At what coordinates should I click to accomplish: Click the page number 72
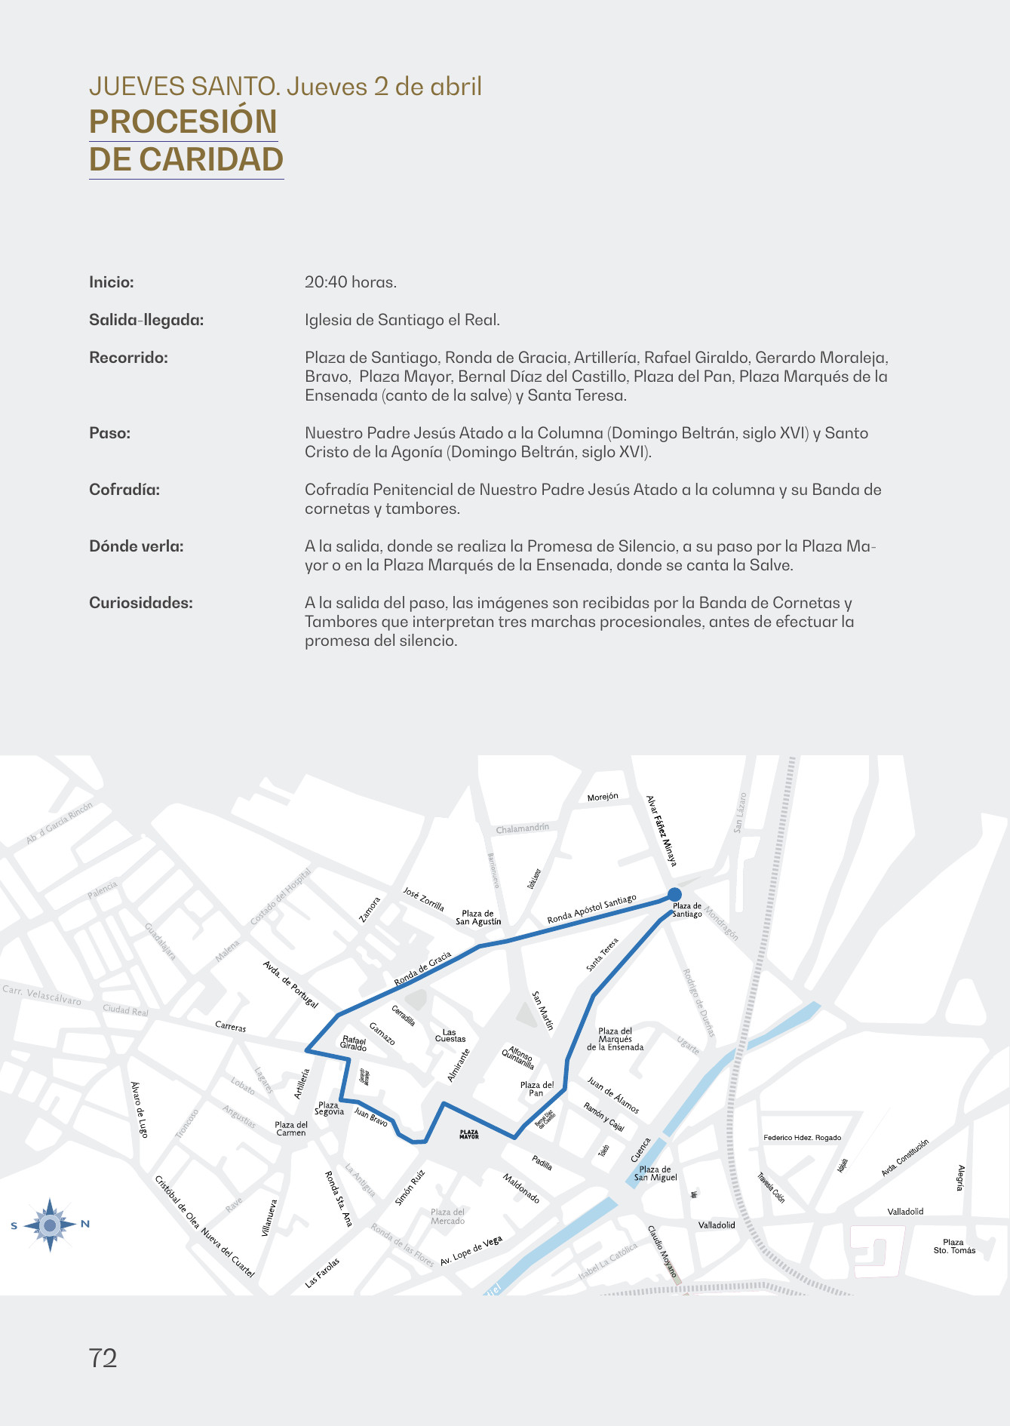point(103,1358)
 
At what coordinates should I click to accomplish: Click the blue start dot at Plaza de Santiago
point(674,895)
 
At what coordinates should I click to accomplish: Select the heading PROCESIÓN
point(183,122)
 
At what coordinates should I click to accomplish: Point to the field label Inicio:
point(112,282)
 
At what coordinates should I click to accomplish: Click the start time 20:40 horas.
point(351,282)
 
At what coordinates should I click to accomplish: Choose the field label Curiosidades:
point(141,603)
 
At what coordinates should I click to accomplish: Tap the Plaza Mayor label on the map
point(469,1134)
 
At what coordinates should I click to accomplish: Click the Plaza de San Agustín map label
point(478,917)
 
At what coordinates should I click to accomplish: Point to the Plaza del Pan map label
point(536,1089)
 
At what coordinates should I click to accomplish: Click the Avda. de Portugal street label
point(290,984)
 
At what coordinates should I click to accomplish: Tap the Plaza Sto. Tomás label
point(954,1246)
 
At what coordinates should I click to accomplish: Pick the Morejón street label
point(603,797)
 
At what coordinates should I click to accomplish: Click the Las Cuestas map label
point(450,1035)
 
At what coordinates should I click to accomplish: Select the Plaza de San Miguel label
point(655,1173)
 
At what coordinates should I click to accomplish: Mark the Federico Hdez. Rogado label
point(802,1138)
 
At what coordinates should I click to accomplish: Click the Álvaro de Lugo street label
point(140,1109)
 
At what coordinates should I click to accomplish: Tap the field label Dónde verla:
point(137,546)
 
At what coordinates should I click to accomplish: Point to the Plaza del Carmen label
point(291,1129)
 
